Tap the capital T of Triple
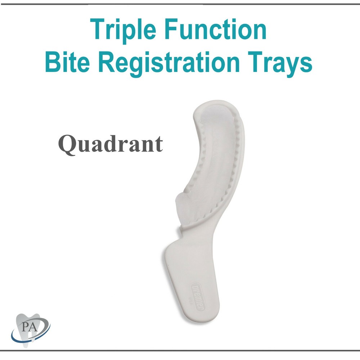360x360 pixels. [97, 30]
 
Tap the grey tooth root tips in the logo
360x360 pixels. [26, 342]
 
